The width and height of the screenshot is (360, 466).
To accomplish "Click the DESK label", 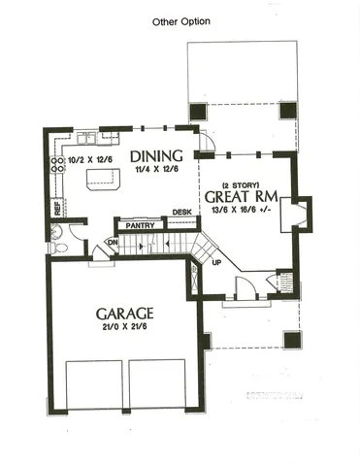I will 181,212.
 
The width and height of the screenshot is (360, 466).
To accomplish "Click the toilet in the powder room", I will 58,247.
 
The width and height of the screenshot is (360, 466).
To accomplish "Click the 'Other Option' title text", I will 181,20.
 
